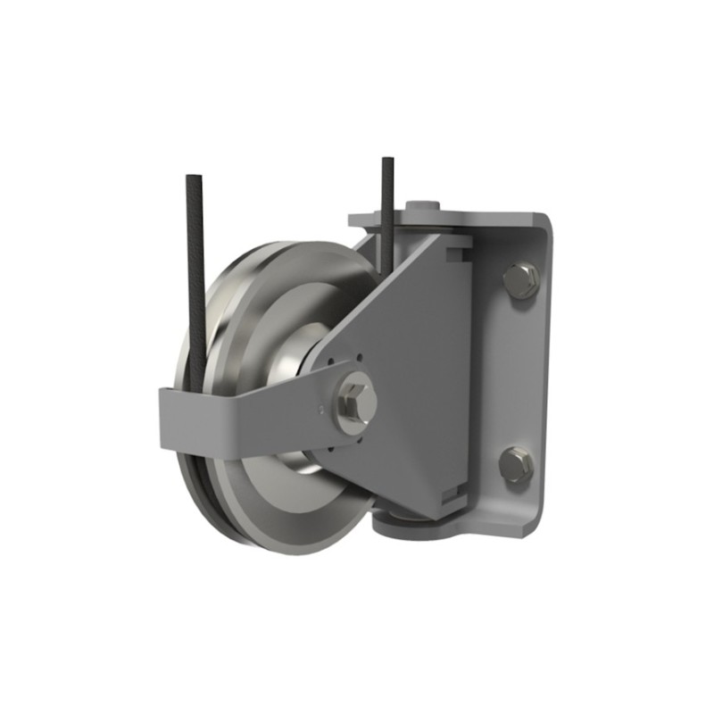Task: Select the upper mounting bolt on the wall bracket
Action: point(520,280)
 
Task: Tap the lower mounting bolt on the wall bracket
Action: point(517,465)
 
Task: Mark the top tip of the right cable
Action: point(387,161)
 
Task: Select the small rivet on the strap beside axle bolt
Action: point(320,409)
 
